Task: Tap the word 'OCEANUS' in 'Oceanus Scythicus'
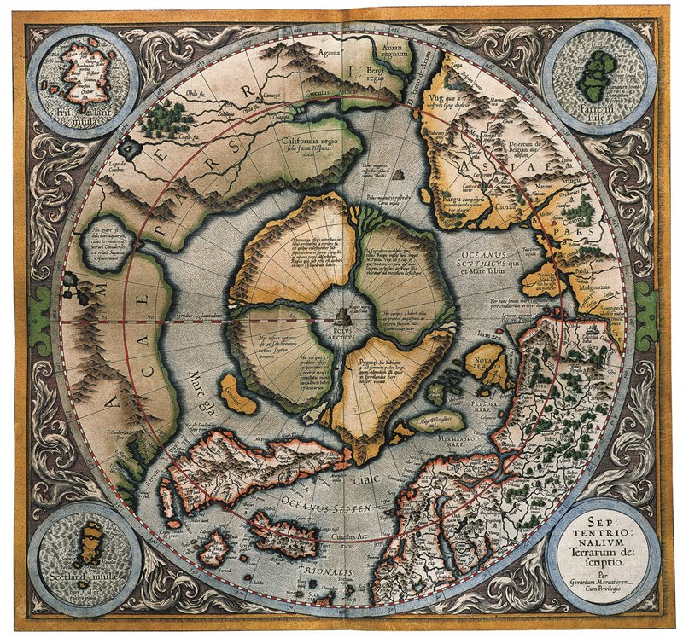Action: coord(484,255)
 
